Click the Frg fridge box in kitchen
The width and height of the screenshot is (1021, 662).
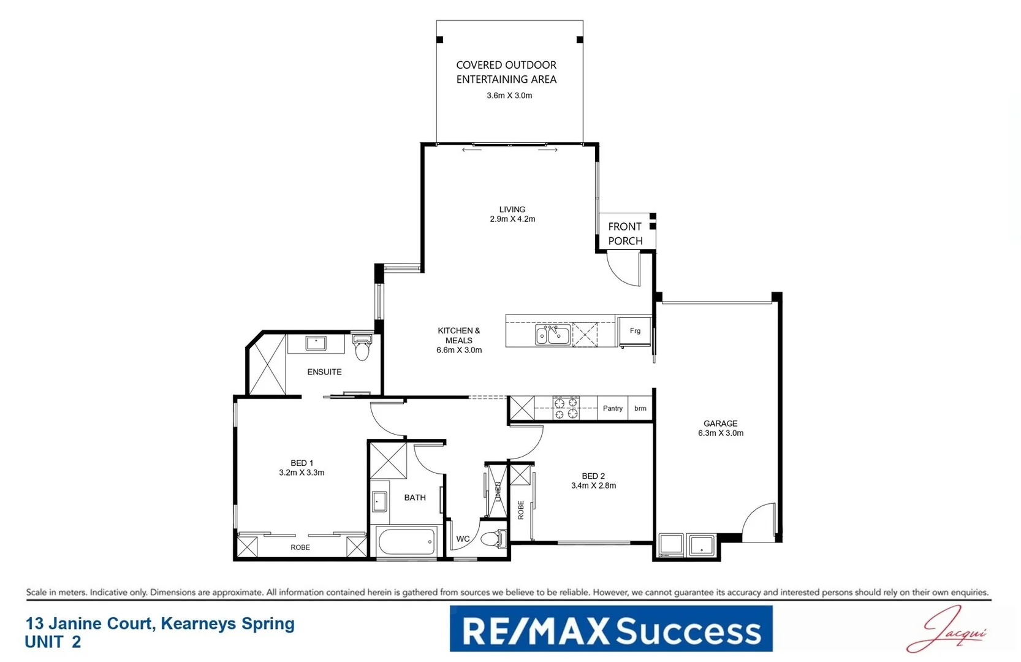point(634,331)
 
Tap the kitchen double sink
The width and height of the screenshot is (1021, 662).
point(552,335)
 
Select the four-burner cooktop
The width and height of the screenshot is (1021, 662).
point(566,408)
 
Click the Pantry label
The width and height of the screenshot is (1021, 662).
point(612,408)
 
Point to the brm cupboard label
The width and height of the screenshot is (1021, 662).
point(640,408)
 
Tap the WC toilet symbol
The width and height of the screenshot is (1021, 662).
point(493,539)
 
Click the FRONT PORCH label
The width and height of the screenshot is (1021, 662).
point(625,234)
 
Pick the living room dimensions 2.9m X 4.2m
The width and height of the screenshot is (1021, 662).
point(512,219)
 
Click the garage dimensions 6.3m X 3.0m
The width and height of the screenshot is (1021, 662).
point(720,433)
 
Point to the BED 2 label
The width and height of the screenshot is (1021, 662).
point(593,476)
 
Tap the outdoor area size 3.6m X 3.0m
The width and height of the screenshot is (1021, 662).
point(509,96)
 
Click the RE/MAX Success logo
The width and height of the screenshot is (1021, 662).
point(610,629)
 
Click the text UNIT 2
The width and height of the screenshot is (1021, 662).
point(53,642)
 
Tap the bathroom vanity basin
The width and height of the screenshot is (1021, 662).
point(379,501)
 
